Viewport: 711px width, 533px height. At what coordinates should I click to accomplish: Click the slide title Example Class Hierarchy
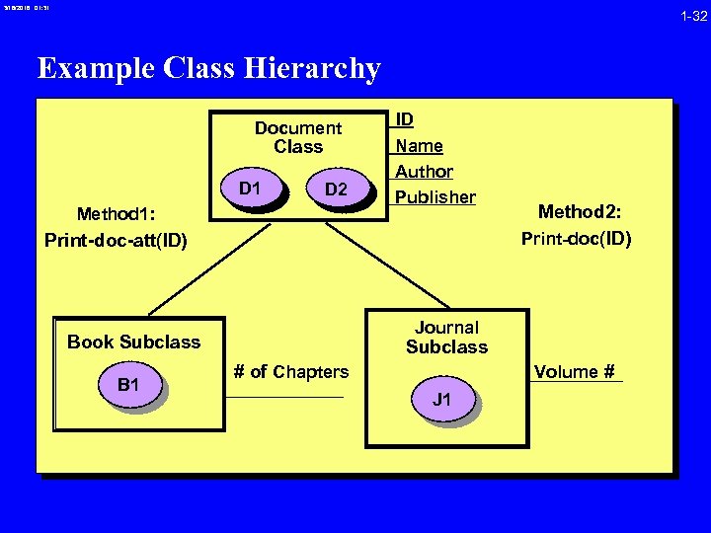click(x=208, y=68)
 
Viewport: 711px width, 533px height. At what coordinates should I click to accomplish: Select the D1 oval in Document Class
click(x=251, y=188)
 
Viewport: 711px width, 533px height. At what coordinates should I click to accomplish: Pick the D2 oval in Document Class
click(x=336, y=189)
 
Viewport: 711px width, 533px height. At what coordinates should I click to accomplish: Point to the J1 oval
click(x=442, y=400)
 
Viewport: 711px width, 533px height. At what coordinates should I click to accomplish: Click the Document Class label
click(x=298, y=137)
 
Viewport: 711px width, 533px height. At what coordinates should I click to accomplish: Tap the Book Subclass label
click(x=133, y=343)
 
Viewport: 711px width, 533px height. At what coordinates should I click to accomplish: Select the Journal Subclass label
click(x=446, y=337)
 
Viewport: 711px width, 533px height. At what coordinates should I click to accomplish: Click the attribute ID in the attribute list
click(x=405, y=119)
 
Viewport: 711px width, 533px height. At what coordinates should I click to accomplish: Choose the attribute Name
click(x=419, y=145)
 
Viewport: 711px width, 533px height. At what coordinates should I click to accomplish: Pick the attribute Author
click(x=424, y=171)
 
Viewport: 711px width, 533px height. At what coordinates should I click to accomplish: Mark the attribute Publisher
click(x=434, y=196)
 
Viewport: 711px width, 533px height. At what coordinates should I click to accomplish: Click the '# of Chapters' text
click(x=290, y=372)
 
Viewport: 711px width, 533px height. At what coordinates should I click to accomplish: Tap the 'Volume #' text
click(x=574, y=372)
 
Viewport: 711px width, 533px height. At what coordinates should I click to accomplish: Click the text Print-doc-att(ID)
click(x=116, y=240)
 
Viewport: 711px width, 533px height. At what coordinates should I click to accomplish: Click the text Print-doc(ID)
click(x=576, y=238)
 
